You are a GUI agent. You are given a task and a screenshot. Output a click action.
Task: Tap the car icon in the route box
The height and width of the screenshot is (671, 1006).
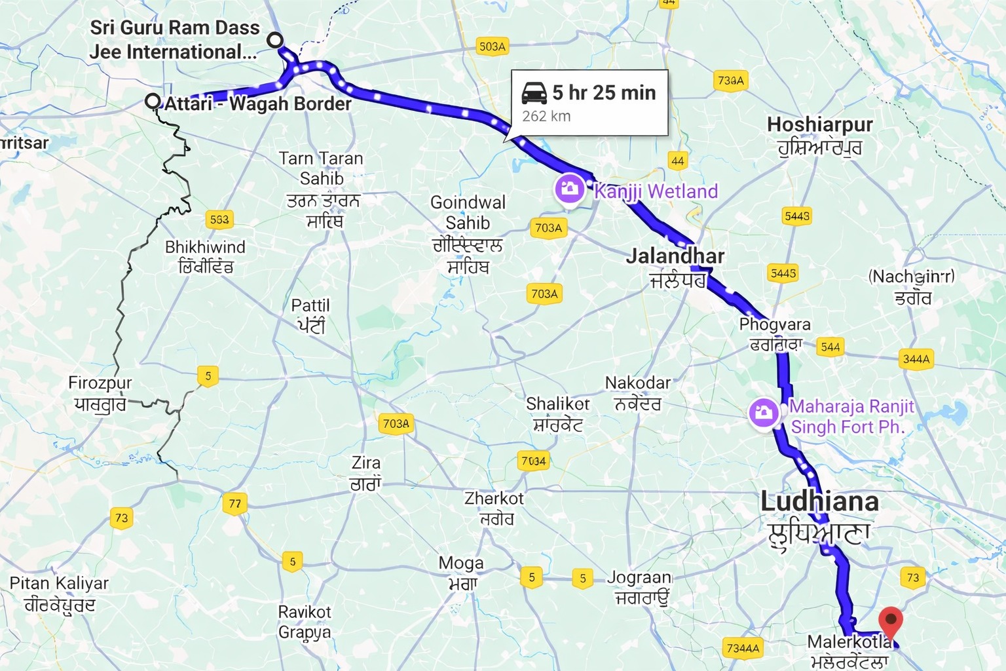(x=534, y=93)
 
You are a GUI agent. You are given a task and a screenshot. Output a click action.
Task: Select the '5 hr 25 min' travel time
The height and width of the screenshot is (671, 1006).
(x=603, y=93)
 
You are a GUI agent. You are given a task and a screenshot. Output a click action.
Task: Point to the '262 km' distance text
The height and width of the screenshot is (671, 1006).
(x=546, y=117)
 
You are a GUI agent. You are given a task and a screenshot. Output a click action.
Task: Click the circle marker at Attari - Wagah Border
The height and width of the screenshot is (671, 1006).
(x=153, y=102)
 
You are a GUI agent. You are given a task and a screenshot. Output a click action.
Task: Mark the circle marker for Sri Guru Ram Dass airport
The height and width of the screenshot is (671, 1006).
(x=275, y=40)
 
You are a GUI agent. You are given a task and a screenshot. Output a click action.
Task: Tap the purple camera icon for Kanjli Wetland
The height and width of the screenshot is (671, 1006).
(x=568, y=189)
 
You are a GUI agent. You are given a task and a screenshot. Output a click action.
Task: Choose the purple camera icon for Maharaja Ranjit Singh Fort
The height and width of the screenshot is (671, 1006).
(x=764, y=413)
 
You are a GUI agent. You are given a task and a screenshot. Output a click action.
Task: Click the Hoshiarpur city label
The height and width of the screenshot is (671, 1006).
(x=819, y=125)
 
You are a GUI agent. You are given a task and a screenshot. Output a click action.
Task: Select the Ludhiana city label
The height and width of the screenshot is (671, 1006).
(x=819, y=502)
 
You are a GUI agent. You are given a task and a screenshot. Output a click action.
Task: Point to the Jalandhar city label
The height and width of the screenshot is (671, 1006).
(x=675, y=256)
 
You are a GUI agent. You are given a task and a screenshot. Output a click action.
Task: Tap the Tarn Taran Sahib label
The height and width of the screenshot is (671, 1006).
(x=321, y=168)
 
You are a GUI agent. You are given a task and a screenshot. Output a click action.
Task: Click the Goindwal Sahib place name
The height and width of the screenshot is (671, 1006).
(x=468, y=212)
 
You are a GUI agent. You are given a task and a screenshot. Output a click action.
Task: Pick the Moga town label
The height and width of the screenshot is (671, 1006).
(x=461, y=564)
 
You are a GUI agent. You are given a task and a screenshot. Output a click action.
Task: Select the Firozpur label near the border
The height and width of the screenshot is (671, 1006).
(x=100, y=383)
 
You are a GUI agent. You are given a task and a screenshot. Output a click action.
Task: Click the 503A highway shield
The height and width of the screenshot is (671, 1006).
(x=492, y=47)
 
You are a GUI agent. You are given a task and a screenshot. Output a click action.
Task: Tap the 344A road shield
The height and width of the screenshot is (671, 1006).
(x=916, y=358)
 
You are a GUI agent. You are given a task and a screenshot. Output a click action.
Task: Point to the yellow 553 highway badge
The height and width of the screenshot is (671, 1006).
(x=219, y=220)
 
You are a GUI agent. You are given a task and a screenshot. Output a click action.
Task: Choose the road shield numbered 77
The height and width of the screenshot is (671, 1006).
(x=234, y=504)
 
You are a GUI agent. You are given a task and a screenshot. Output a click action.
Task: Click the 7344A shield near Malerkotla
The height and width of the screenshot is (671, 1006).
(x=743, y=648)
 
